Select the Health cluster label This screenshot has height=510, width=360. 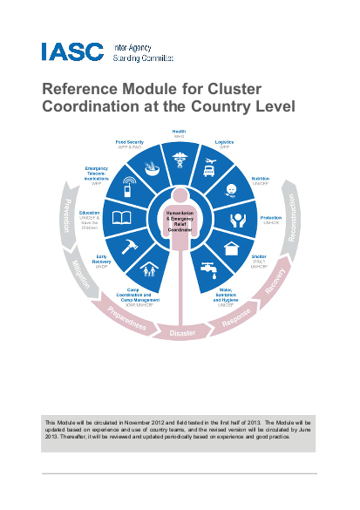(x=179, y=132)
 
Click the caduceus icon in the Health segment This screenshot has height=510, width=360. (x=179, y=160)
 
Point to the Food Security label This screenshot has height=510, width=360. (x=130, y=141)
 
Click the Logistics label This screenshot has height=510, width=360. (x=225, y=141)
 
